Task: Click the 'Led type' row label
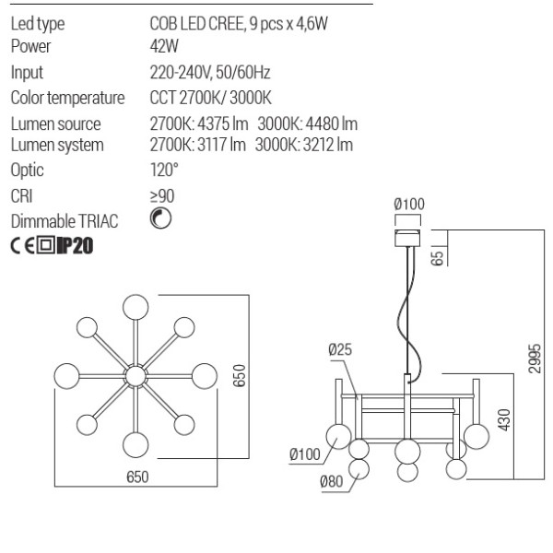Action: [x=37, y=25]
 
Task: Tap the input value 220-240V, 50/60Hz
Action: [x=209, y=73]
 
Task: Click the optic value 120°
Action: [x=163, y=171]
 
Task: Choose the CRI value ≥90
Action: [x=162, y=195]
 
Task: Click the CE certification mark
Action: [x=22, y=246]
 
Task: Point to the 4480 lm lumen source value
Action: [x=307, y=124]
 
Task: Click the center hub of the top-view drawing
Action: [x=135, y=375]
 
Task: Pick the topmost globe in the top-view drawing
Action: [x=135, y=306]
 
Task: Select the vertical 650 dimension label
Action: [x=239, y=375]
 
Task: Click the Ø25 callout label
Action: [x=340, y=349]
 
